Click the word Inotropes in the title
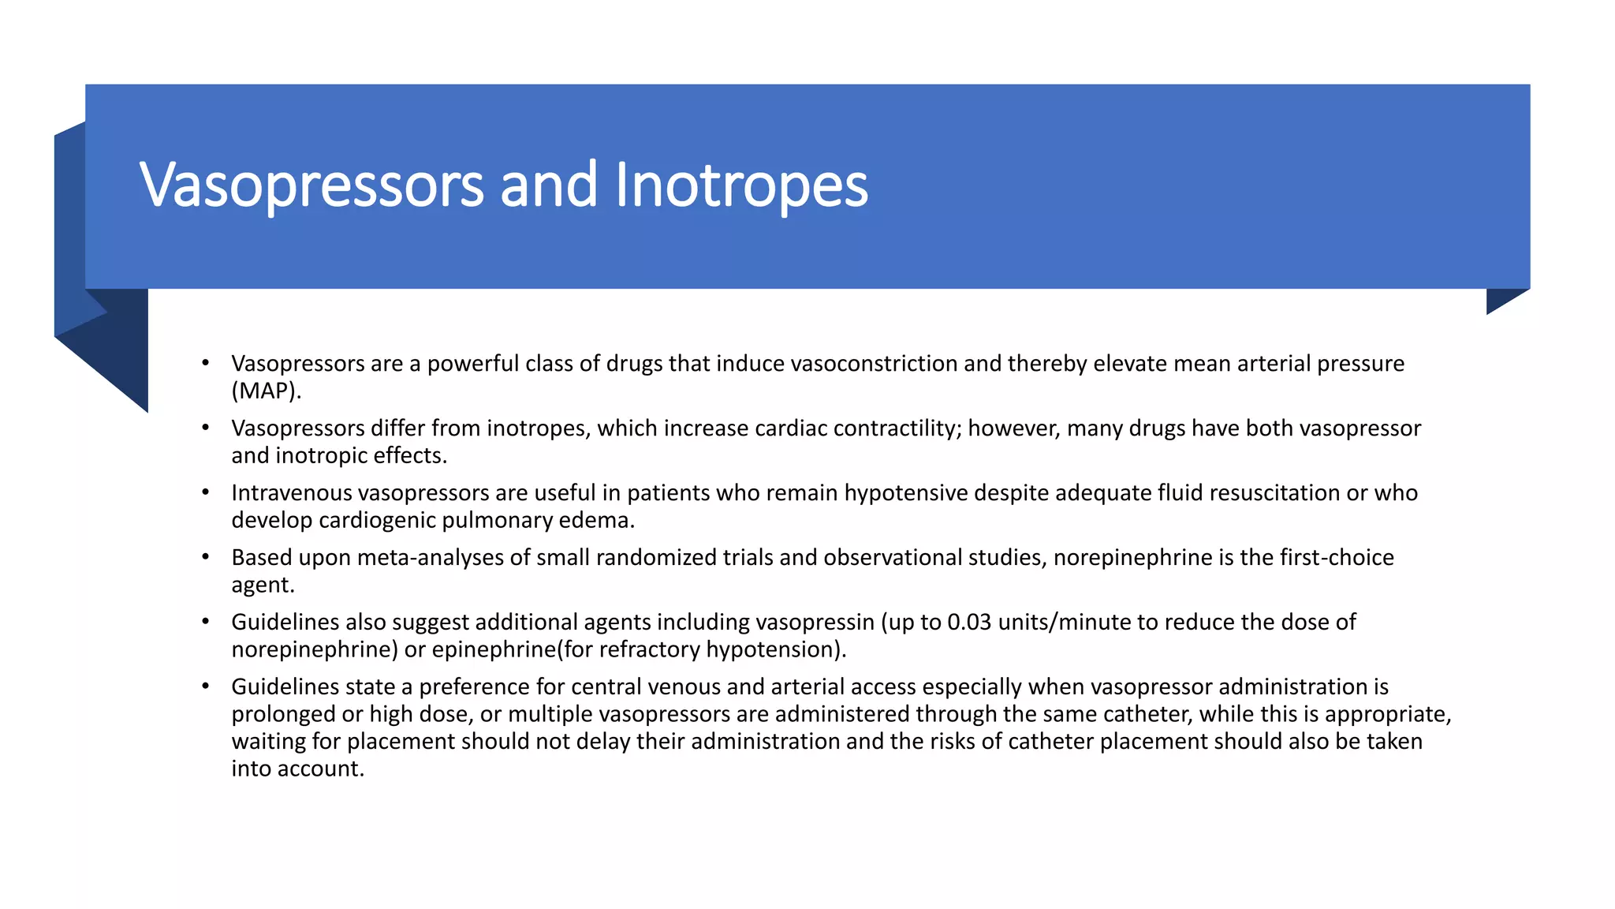coord(740,185)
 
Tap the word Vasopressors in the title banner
coord(311,185)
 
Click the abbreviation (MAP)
coord(267,391)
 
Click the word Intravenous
coord(292,493)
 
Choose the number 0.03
coord(969,623)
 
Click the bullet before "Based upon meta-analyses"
coord(206,557)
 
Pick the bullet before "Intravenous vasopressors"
coord(206,492)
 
